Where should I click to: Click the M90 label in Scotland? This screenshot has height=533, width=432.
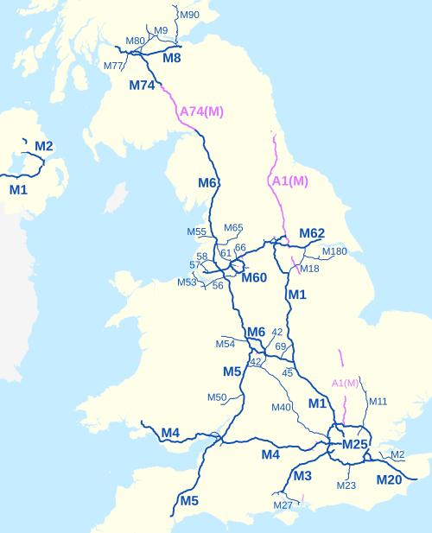tap(188, 15)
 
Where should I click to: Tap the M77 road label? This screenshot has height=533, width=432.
tap(113, 67)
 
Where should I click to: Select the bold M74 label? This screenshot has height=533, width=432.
tap(142, 85)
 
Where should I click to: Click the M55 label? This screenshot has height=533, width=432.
tap(197, 232)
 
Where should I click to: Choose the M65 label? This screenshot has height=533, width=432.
tap(233, 228)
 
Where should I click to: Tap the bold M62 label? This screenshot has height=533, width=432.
tap(311, 233)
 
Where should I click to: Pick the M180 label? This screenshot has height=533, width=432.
tap(334, 251)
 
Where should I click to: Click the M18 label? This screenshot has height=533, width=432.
tap(309, 269)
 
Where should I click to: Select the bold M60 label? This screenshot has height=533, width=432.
tap(254, 277)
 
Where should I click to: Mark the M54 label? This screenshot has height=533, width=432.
tap(226, 345)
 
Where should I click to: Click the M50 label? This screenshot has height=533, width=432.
tap(217, 397)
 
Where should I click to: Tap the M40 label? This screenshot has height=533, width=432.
tap(282, 408)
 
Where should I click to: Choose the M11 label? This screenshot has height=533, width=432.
tap(378, 402)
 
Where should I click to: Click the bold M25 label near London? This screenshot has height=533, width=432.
tap(354, 444)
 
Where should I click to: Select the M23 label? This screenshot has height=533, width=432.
tap(346, 485)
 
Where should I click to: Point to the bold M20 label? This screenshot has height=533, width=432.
tap(388, 480)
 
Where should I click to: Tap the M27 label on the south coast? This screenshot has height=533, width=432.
tap(283, 505)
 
